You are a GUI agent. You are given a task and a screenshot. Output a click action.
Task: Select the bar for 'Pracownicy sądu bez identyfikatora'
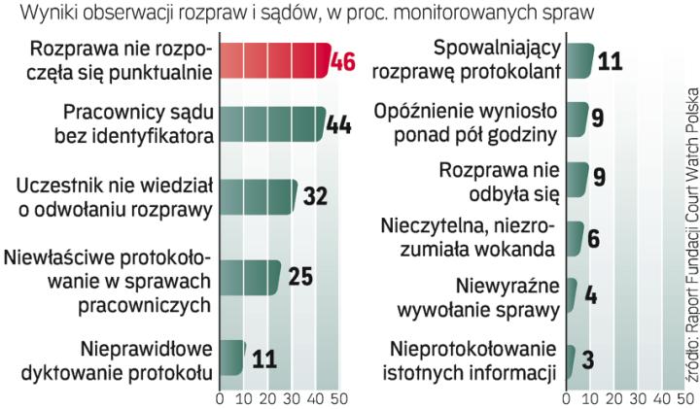tap(272, 123)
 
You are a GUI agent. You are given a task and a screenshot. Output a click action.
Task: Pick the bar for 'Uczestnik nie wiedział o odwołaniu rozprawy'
tap(258, 195)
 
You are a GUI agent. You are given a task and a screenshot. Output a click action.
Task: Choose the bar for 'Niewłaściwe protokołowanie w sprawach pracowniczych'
tap(250, 277)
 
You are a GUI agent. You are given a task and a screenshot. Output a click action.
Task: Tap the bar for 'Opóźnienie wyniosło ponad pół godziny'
tap(577, 118)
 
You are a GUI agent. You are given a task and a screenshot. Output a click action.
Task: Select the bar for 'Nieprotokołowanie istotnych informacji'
tap(570, 358)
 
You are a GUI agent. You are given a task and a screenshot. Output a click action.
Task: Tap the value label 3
tap(587, 358)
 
